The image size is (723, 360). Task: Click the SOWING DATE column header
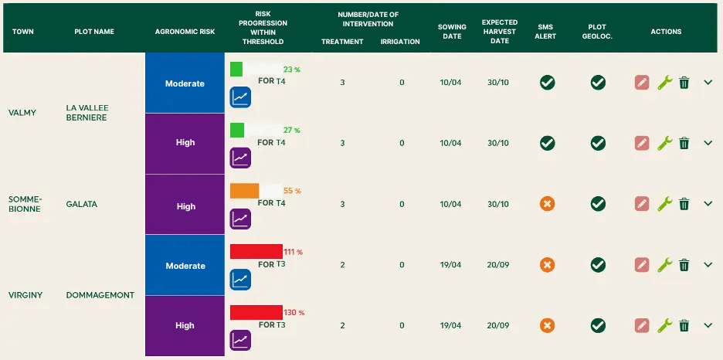(x=452, y=32)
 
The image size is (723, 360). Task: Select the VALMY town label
(x=22, y=113)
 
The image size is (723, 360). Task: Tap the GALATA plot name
(x=82, y=204)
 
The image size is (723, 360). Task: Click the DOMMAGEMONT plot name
(x=100, y=295)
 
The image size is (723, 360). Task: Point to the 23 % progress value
(x=291, y=70)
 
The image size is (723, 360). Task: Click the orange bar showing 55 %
(x=244, y=191)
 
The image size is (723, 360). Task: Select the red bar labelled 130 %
(x=256, y=312)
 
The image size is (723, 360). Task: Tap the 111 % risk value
(x=293, y=252)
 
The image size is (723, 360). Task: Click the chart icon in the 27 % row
(x=241, y=158)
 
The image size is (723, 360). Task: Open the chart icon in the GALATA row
(x=241, y=219)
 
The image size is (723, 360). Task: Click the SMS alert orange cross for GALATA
(x=547, y=204)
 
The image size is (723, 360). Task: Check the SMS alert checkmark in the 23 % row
(x=547, y=83)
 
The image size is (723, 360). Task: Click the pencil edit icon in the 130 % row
(x=642, y=325)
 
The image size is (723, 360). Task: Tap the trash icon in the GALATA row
(x=684, y=204)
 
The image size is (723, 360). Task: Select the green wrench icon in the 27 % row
(x=664, y=143)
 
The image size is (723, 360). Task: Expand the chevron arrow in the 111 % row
(x=708, y=265)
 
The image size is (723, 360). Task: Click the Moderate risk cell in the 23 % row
(x=185, y=83)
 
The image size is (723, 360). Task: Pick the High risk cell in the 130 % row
(x=185, y=325)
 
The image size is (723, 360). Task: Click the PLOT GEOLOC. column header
(x=597, y=32)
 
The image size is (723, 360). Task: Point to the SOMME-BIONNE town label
(x=24, y=204)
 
